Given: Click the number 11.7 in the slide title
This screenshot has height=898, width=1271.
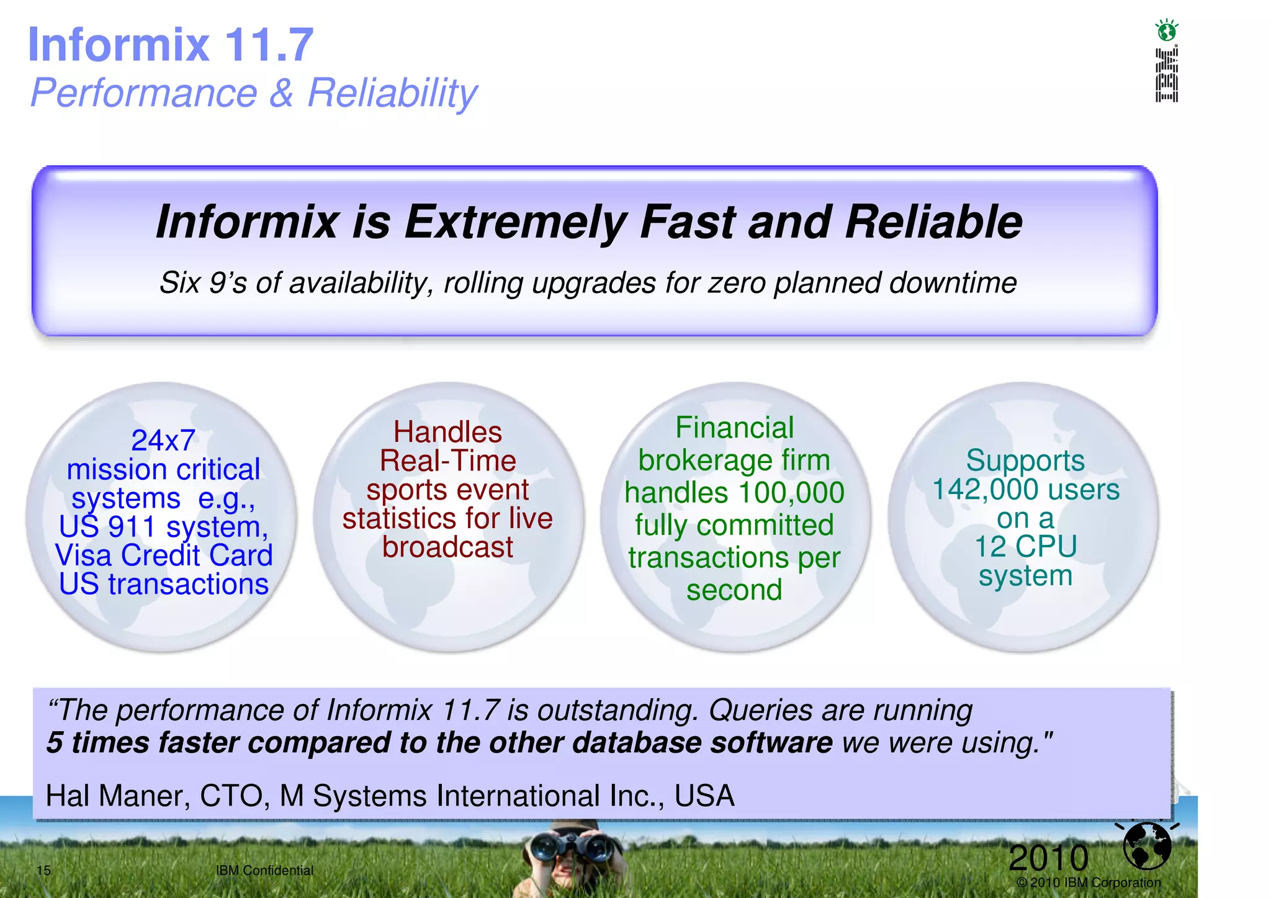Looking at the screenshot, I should pyautogui.click(x=268, y=45).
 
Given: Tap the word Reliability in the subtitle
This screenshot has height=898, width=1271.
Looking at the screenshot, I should pyautogui.click(x=392, y=93).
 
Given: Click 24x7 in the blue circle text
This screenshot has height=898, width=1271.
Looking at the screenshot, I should pyautogui.click(x=163, y=441).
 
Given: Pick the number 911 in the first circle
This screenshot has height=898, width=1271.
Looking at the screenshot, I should pyautogui.click(x=132, y=528).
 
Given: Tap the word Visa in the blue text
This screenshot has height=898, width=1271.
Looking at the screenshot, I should pyautogui.click(x=85, y=555).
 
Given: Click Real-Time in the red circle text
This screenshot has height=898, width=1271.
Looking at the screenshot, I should pyautogui.click(x=447, y=461).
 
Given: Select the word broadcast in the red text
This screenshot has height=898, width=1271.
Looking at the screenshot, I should pyautogui.click(x=447, y=547).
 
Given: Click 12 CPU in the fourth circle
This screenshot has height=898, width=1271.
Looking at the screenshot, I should pyautogui.click(x=1025, y=547).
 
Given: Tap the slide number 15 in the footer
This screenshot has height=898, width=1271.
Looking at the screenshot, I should pyautogui.click(x=43, y=870).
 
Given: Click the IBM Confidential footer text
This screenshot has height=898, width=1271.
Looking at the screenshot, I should pyautogui.click(x=264, y=870).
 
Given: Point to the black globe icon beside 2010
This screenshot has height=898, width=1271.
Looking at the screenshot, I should pyautogui.click(x=1147, y=845).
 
